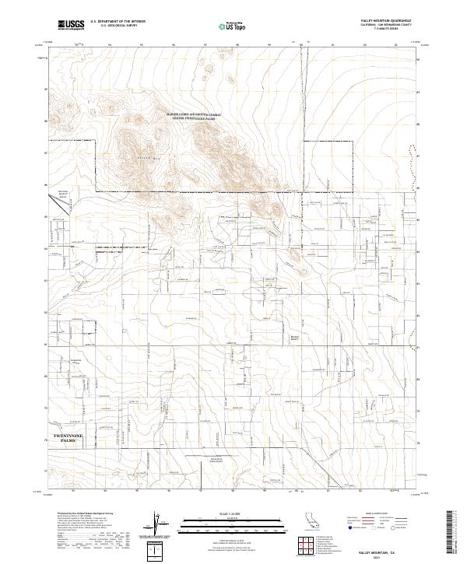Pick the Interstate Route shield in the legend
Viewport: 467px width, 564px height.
[344, 527]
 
